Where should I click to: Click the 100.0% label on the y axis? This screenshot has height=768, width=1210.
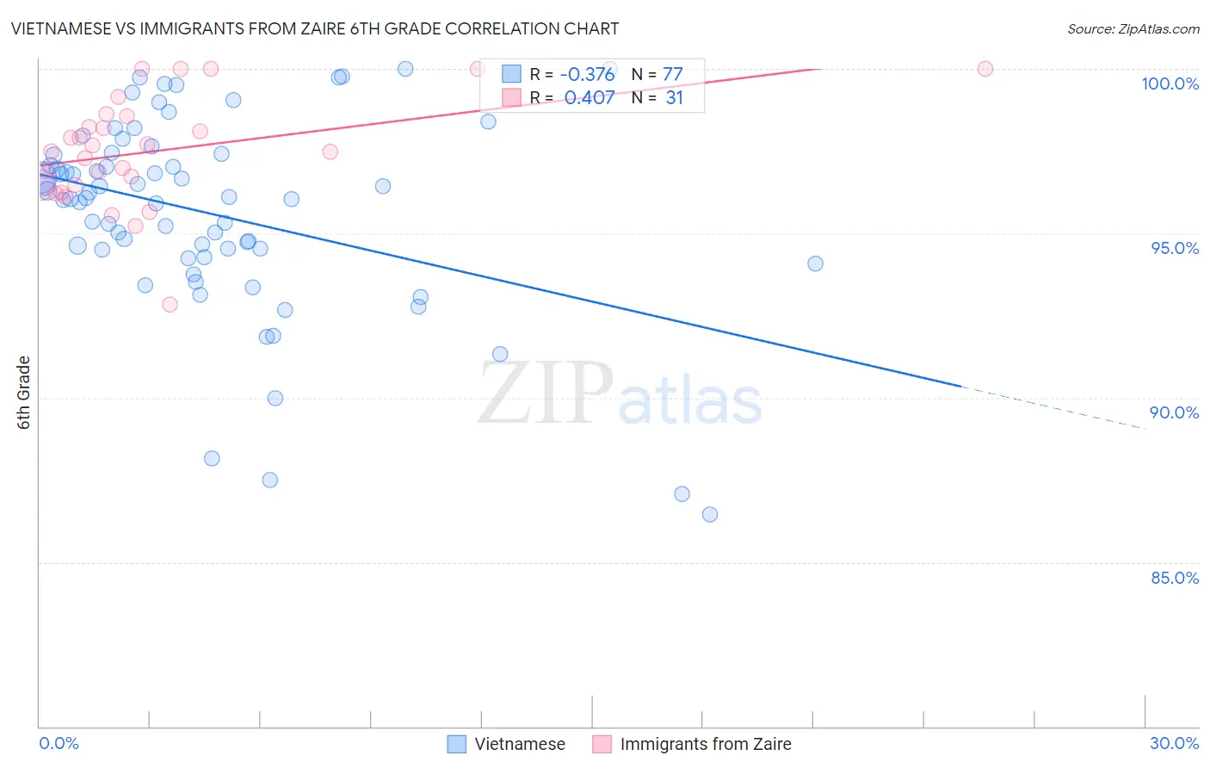point(1170,84)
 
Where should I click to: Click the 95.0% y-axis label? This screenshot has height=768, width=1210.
point(1175,248)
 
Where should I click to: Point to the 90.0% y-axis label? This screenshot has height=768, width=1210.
point(1175,412)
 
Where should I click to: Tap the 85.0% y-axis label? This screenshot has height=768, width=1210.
point(1175,578)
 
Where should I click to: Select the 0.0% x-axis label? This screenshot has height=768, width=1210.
point(59,743)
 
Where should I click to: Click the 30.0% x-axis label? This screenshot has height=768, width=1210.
point(1174,743)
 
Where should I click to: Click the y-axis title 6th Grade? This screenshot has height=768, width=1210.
point(24,392)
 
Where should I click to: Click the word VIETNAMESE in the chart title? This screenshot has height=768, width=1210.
point(61,28)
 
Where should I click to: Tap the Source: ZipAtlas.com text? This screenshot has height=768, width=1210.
point(1133,29)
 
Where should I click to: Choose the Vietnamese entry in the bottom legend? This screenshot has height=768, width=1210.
point(520,744)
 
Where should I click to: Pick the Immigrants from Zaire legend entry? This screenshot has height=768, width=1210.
point(705,744)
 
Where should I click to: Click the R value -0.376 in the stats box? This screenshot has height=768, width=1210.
point(587,75)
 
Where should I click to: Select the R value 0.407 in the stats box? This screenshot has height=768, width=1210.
point(590,98)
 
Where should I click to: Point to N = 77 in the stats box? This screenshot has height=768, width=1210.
point(657,75)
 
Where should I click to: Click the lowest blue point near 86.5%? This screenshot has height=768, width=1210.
point(710,515)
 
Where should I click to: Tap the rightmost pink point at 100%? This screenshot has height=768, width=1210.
point(985,69)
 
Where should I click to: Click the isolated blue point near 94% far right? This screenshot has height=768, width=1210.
point(815,263)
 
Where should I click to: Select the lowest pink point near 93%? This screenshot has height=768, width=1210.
point(170,305)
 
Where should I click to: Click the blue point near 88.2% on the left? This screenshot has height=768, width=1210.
point(212,459)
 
